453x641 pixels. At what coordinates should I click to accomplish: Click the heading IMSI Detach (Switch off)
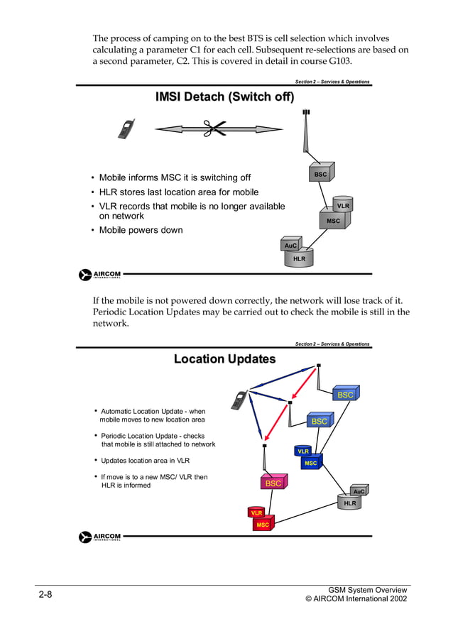pos(224,97)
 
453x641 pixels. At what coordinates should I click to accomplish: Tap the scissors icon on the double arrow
pos(212,129)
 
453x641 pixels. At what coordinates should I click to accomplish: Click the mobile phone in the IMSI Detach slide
pos(126,129)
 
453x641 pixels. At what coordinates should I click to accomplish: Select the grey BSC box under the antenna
pos(320,174)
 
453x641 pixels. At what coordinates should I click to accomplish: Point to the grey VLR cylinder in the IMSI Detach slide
pos(343,205)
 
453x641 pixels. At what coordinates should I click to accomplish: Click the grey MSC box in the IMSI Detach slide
pos(333,221)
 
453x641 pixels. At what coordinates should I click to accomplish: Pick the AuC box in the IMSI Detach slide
pos(290,245)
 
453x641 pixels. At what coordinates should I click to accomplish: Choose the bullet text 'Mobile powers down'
pos(141,230)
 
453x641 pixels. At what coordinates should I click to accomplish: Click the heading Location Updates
pos(224,359)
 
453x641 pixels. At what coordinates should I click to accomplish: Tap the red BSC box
pos(273,483)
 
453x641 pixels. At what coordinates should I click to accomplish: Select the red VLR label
pos(256,513)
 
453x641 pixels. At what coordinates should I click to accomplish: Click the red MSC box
pos(263,525)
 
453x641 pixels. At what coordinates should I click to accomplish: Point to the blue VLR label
pos(303,451)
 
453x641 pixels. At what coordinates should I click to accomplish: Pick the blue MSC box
pos(311,463)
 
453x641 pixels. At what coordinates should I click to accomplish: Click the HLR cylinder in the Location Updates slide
pos(350,503)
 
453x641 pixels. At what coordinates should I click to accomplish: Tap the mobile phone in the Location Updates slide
pos(239,400)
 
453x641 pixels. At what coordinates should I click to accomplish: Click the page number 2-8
pos(45,594)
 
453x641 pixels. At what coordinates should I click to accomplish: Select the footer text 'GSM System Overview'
pos(368,590)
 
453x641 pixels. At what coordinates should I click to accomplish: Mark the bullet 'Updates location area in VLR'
pos(145,461)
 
